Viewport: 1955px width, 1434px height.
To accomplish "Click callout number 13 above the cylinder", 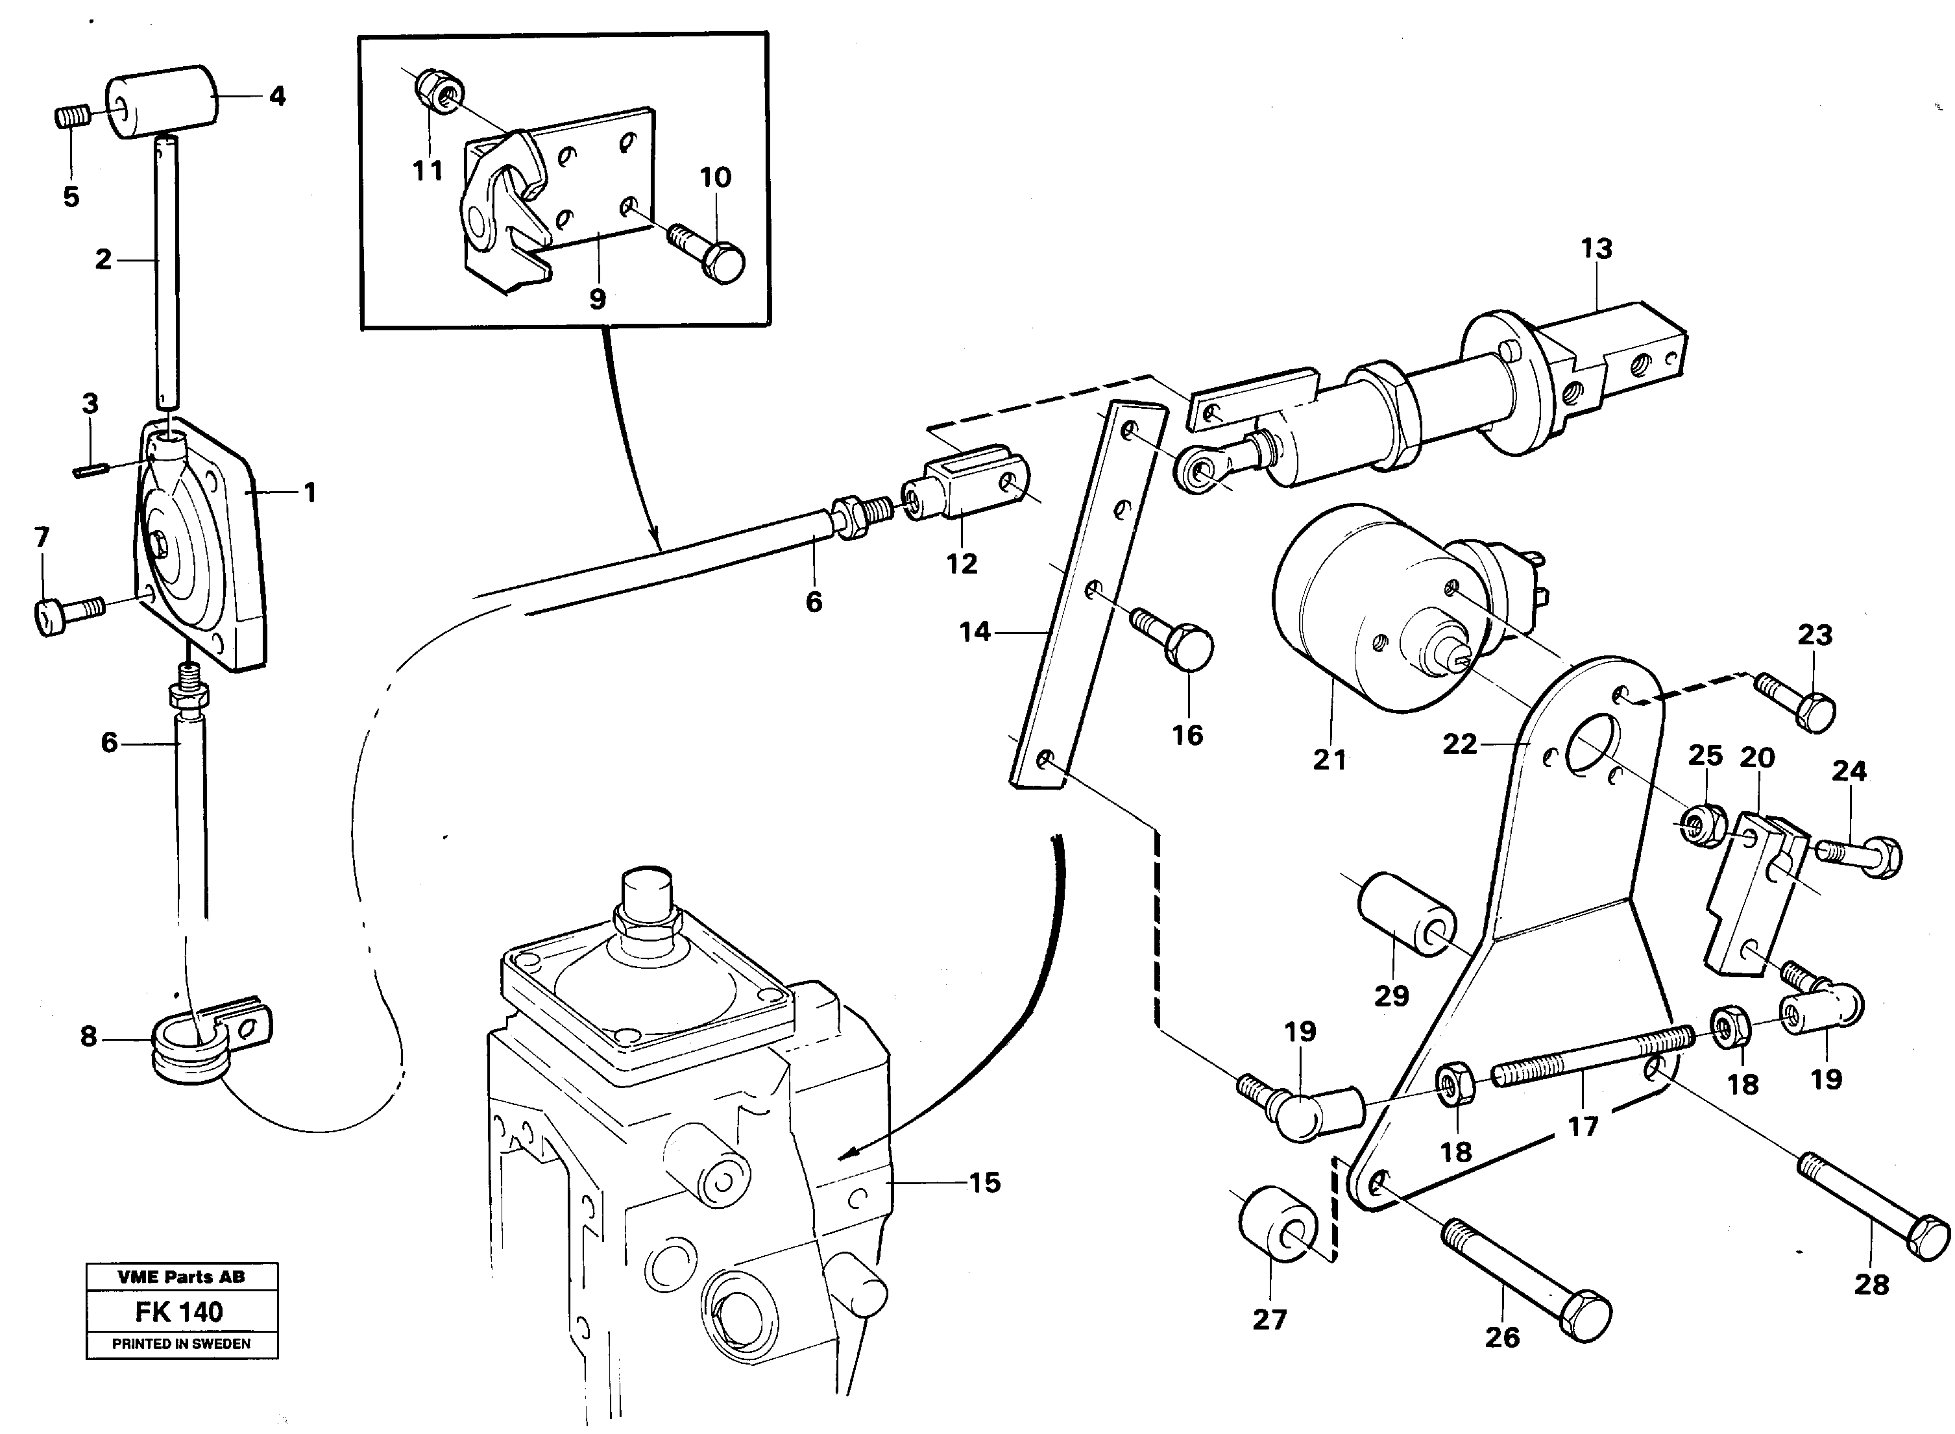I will [1596, 249].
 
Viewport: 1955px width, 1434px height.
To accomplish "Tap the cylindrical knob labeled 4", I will [162, 103].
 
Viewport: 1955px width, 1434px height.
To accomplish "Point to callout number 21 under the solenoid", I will [1329, 760].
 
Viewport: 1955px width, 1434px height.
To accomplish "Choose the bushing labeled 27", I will [1277, 1224].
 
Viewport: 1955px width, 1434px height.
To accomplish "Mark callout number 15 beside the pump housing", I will [984, 1182].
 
